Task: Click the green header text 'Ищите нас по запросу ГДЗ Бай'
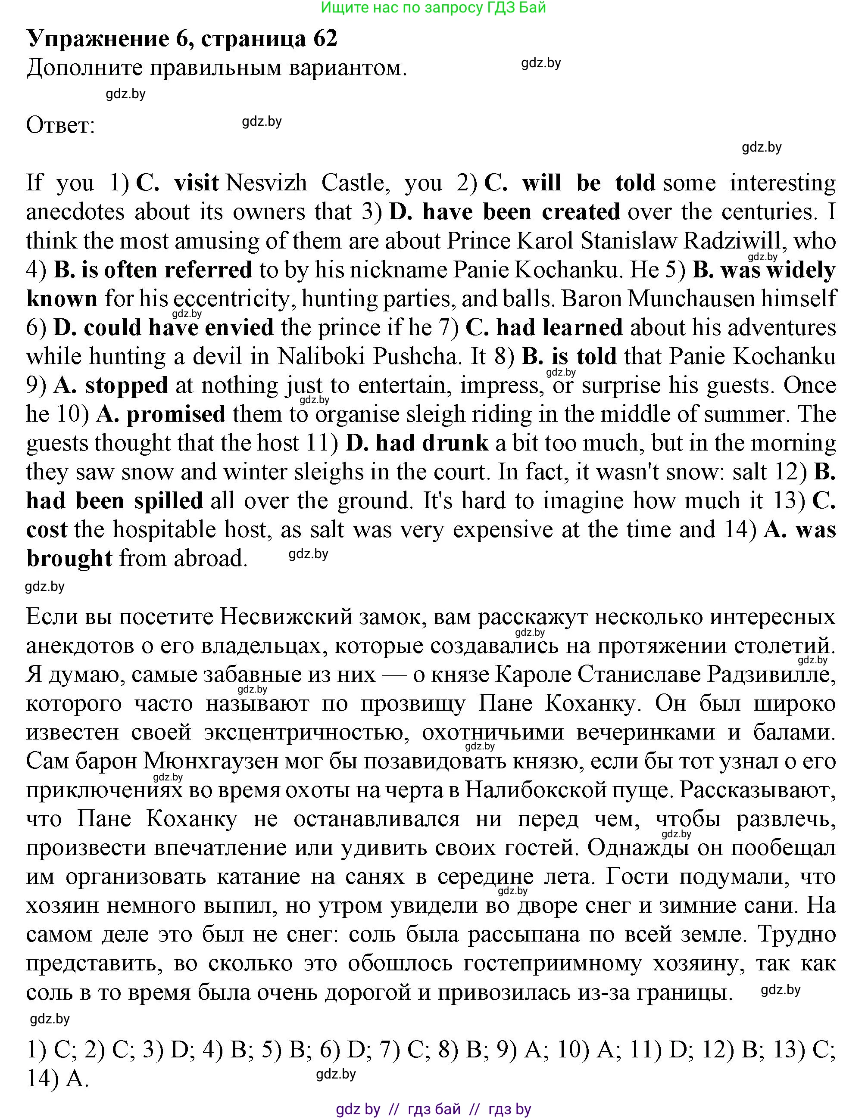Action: pos(433,8)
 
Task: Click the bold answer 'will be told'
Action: pos(589,183)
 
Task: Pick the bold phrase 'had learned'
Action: pos(559,328)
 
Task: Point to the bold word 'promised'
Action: pos(176,414)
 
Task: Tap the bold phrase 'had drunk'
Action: pos(432,443)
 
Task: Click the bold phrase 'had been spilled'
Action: pos(114,501)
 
